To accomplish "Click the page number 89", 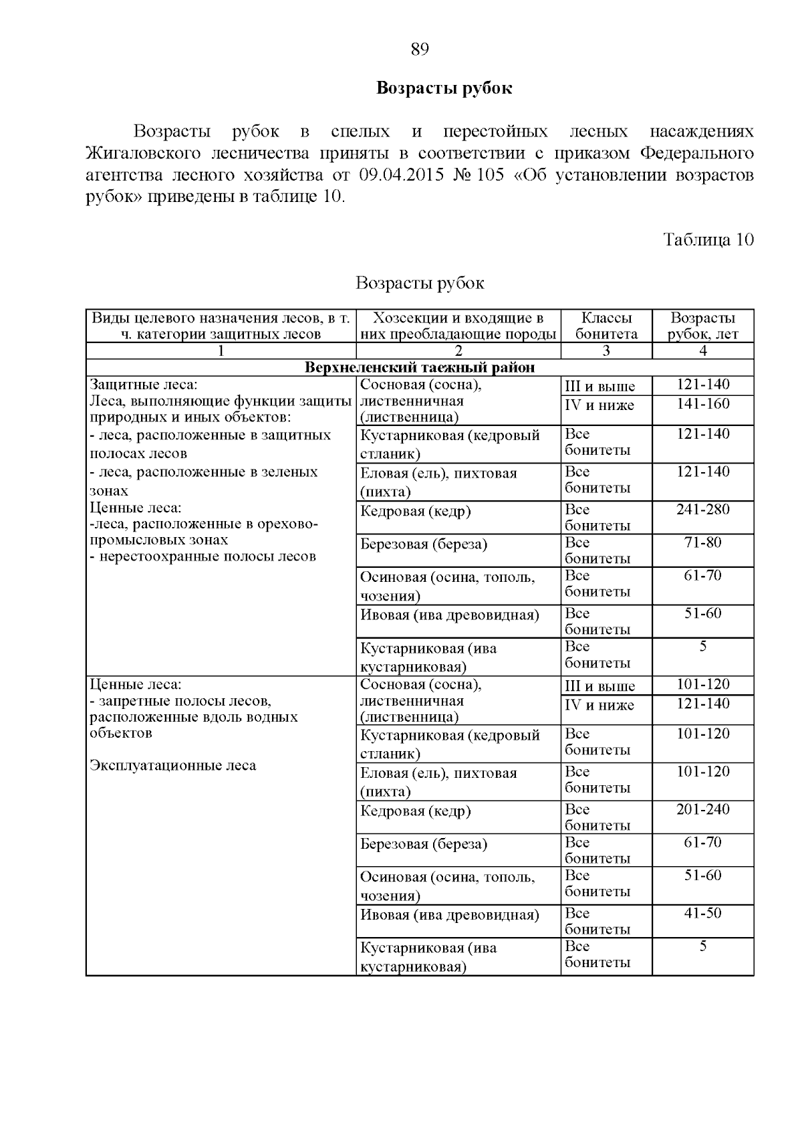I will pos(419,49).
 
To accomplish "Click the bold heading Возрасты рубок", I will pos(444,88).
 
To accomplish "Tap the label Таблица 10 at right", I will pos(708,239).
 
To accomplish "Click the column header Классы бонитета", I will pos(606,326).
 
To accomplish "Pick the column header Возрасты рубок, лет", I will pos(702,326).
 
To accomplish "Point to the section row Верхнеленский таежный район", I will pos(420,368).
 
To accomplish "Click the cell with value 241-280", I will pos(702,510).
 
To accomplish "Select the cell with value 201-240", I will pos(702,809).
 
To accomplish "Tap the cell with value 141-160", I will pos(702,404).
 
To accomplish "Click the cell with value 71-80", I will pos(702,542).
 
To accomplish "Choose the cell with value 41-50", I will pos(702,913).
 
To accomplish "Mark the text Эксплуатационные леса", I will pos(172,765).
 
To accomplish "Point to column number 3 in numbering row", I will pos(606,351).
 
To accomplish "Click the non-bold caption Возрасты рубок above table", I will pos(419,283).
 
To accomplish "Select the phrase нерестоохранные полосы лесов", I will pos(207,556).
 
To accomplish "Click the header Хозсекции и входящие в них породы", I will pos(458,326).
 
